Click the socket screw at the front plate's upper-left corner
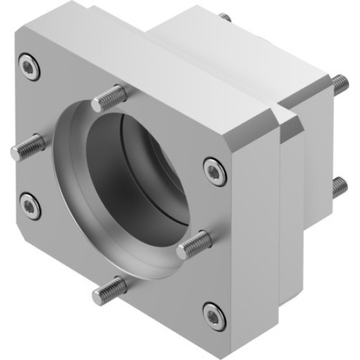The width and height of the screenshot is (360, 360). coord(29,68)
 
